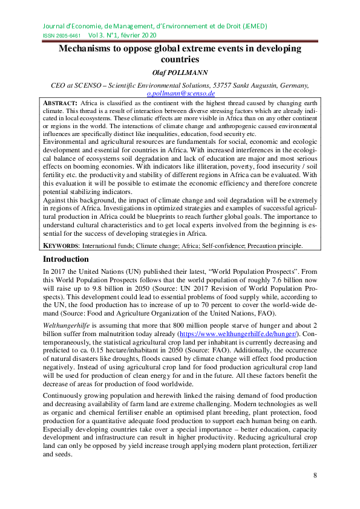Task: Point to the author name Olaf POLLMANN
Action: tap(179, 73)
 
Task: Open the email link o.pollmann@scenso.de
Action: tap(181, 94)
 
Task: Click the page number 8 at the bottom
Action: tap(315, 476)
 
